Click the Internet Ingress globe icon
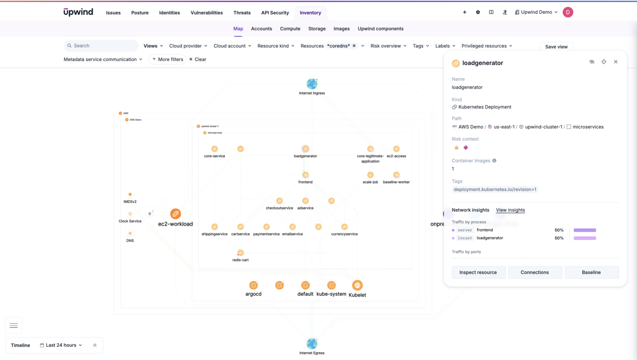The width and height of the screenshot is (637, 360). pyautogui.click(x=312, y=84)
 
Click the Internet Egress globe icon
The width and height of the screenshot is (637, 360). pyautogui.click(x=312, y=344)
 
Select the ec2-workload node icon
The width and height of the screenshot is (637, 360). pyautogui.click(x=175, y=214)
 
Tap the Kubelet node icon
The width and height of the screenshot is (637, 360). pyautogui.click(x=357, y=285)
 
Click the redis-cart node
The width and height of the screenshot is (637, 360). pyautogui.click(x=240, y=253)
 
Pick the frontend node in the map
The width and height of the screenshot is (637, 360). pyautogui.click(x=305, y=175)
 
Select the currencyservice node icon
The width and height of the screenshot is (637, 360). pyautogui.click(x=344, y=227)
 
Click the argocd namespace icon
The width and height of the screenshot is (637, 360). pyautogui.click(x=253, y=285)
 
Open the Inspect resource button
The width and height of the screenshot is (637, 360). pyautogui.click(x=478, y=272)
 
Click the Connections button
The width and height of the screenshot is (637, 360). pyautogui.click(x=535, y=272)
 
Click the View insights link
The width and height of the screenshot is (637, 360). pyautogui.click(x=510, y=210)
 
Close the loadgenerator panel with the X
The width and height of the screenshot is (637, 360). pyautogui.click(x=615, y=62)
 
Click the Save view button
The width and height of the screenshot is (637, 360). pyautogui.click(x=556, y=47)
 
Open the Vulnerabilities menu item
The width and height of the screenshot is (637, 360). pyautogui.click(x=207, y=13)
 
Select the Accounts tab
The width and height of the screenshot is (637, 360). pyautogui.click(x=261, y=29)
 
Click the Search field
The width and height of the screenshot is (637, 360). pyautogui.click(x=102, y=46)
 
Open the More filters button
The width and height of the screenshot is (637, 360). pyautogui.click(x=168, y=59)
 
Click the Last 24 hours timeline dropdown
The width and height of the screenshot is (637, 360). pyautogui.click(x=61, y=345)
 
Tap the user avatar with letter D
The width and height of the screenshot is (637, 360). pyautogui.click(x=568, y=12)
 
